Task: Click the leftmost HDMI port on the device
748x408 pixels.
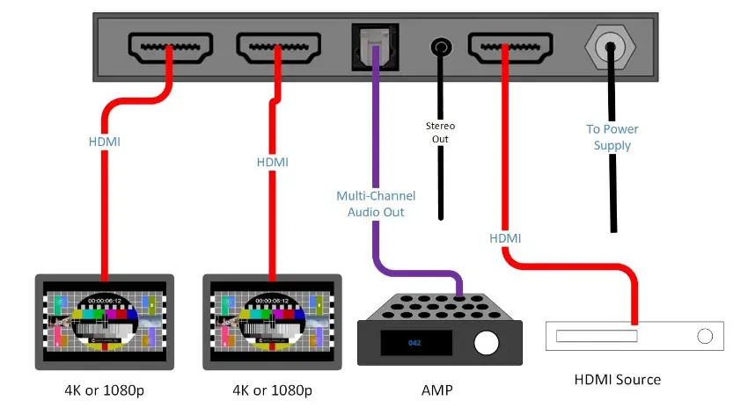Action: [x=170, y=47]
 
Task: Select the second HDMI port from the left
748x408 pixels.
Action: [x=277, y=47]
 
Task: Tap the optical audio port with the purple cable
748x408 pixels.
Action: [x=376, y=44]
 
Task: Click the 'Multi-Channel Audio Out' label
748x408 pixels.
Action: [x=376, y=204]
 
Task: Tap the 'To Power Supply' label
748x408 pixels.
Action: [x=612, y=137]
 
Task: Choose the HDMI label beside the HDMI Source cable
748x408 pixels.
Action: [x=505, y=238]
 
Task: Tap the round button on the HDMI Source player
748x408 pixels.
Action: [x=704, y=336]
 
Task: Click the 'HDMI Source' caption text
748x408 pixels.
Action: [x=617, y=380]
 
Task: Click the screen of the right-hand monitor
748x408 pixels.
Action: [x=273, y=321]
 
